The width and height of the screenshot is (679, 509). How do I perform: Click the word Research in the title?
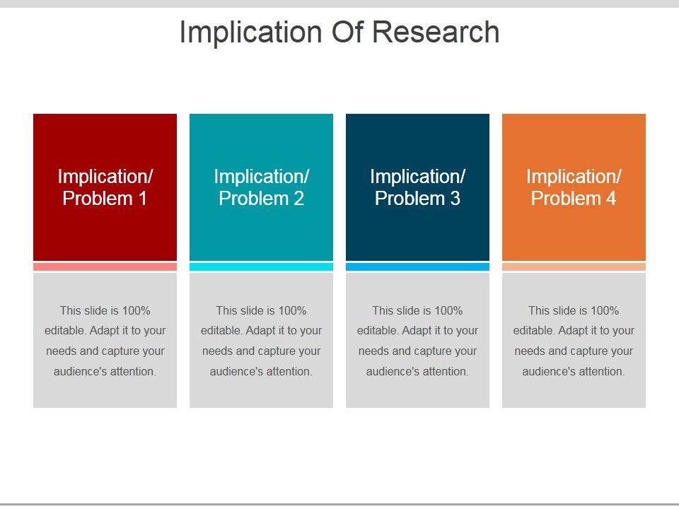pos(436,32)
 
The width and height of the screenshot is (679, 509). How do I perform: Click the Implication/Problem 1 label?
pos(105,187)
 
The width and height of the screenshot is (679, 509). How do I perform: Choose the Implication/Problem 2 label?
pos(262,187)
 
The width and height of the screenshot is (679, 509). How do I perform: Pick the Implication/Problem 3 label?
pos(418,187)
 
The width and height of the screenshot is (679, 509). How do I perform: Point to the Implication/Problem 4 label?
pos(574,187)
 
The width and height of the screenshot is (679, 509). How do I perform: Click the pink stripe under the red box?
pos(105,267)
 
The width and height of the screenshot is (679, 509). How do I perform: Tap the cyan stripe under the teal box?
pos(262,267)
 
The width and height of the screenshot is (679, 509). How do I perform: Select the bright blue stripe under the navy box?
pos(418,267)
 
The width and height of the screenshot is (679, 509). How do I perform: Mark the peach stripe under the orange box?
pos(574,267)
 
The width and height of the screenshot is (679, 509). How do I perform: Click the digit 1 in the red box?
pos(142,199)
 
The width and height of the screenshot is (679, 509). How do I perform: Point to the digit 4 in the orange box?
pos(611,199)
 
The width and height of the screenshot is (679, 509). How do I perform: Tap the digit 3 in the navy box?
pos(455,199)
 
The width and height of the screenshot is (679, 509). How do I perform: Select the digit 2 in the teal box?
pos(298,199)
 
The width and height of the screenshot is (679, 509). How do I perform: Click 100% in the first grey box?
pos(137,311)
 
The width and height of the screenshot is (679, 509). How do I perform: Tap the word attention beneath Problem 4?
pos(602,371)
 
